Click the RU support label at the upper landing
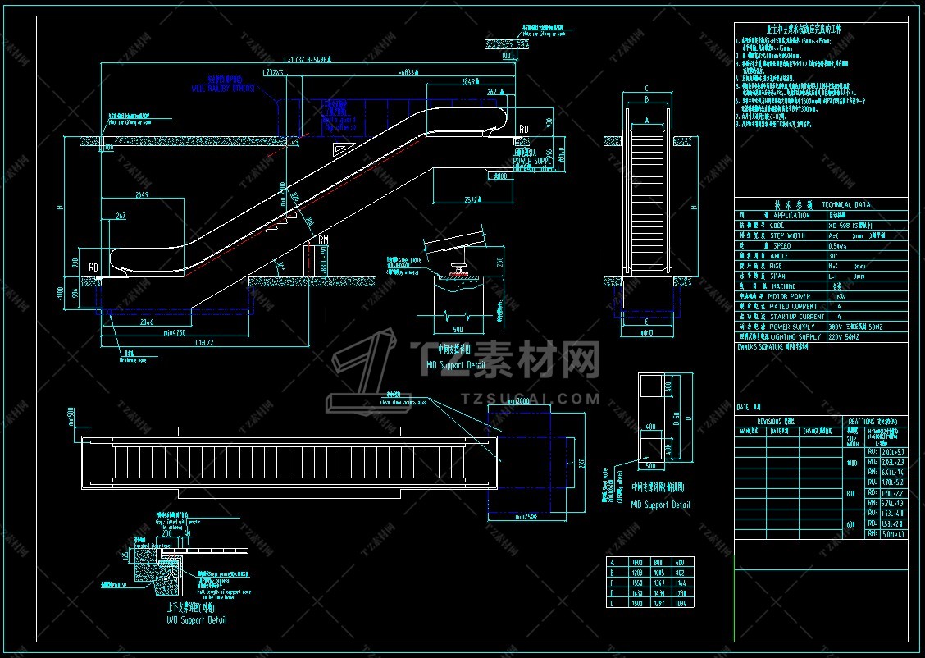pos(523,129)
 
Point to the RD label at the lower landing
pos(93,266)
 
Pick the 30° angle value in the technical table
pos(833,255)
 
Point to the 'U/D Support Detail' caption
pos(196,619)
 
